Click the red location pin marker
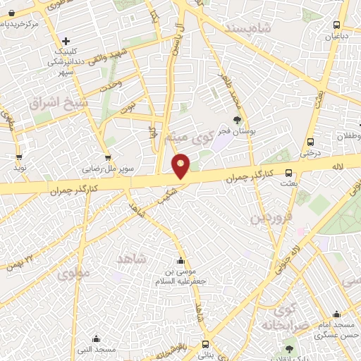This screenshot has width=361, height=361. (x=181, y=166)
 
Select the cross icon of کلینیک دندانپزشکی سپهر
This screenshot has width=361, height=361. (x=66, y=41)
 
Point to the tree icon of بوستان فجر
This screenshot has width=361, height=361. (x=237, y=121)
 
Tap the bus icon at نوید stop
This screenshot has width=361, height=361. (x=18, y=157)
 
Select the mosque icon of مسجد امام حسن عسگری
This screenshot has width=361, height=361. (x=336, y=314)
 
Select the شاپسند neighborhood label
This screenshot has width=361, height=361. (x=248, y=27)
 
